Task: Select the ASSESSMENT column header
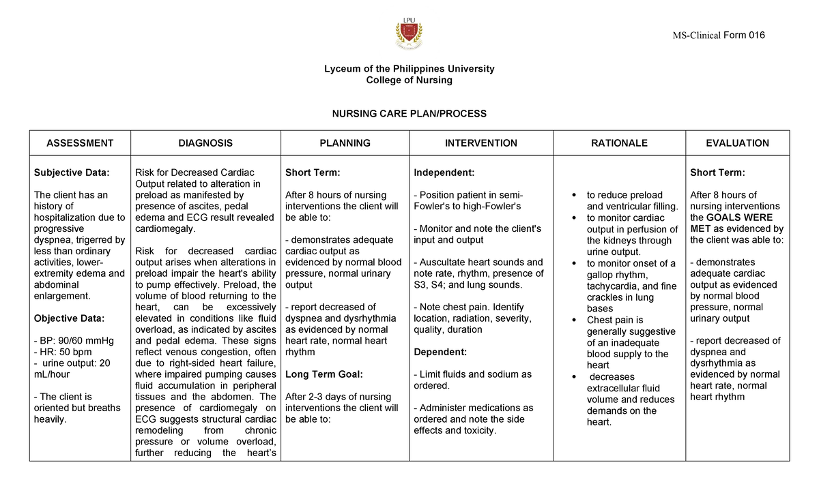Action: click(x=80, y=143)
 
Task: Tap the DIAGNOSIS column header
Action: click(x=205, y=143)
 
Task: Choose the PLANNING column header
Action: click(x=345, y=143)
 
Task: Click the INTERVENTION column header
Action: click(x=480, y=143)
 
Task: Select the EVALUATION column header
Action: click(x=737, y=143)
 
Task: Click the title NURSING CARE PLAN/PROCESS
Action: click(x=409, y=114)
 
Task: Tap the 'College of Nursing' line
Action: click(x=409, y=80)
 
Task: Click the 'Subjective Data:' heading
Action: click(x=72, y=172)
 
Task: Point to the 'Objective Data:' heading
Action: click(x=69, y=318)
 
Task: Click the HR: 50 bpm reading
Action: click(x=63, y=352)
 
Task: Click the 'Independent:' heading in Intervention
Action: click(x=443, y=172)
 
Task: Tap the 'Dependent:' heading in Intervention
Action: click(x=440, y=352)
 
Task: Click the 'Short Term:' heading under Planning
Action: click(x=313, y=172)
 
